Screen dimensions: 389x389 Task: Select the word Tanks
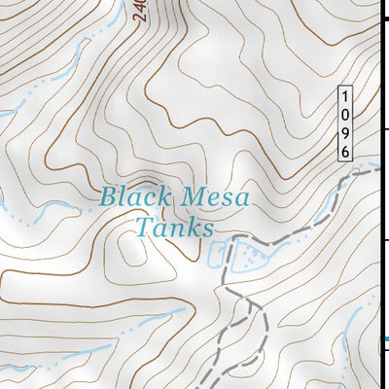[174, 230]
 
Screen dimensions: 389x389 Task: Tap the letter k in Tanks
[194, 230]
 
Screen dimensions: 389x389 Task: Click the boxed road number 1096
[344, 124]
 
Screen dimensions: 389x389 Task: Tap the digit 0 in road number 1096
[344, 115]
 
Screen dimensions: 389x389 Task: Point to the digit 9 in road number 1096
[344, 133]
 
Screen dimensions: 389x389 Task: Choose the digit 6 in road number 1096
[344, 151]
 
